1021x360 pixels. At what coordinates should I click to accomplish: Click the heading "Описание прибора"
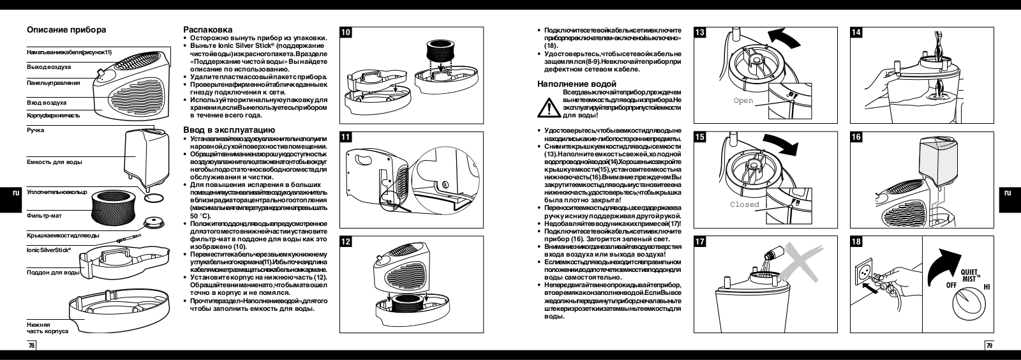[x=66, y=30]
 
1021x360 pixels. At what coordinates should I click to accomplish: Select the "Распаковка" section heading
[x=207, y=30]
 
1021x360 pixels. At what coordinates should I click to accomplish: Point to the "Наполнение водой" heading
[x=577, y=84]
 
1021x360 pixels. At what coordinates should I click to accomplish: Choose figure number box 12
[x=345, y=243]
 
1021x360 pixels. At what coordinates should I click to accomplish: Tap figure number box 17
[x=700, y=243]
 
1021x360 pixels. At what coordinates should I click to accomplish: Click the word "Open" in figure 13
[x=743, y=101]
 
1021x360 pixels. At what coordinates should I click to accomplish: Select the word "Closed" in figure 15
[x=745, y=205]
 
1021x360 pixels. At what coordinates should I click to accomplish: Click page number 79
[x=989, y=345]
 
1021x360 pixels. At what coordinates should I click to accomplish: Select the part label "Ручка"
[x=35, y=130]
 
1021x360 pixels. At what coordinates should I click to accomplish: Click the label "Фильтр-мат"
[x=43, y=216]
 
